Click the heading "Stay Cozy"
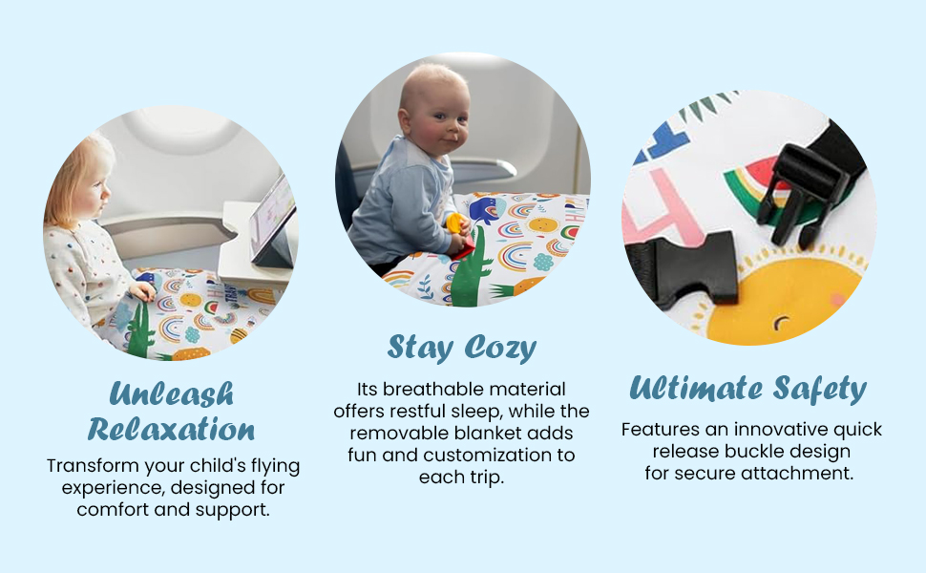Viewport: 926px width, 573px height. click(462, 348)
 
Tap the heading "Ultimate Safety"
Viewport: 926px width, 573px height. click(747, 390)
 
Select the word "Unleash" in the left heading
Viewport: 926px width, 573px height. click(172, 393)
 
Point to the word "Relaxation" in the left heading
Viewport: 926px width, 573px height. click(171, 429)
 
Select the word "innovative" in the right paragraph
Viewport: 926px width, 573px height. click(780, 430)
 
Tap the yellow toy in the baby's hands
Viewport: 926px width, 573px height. click(455, 224)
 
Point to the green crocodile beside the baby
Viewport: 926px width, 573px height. click(471, 268)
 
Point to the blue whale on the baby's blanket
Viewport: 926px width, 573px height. click(488, 211)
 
